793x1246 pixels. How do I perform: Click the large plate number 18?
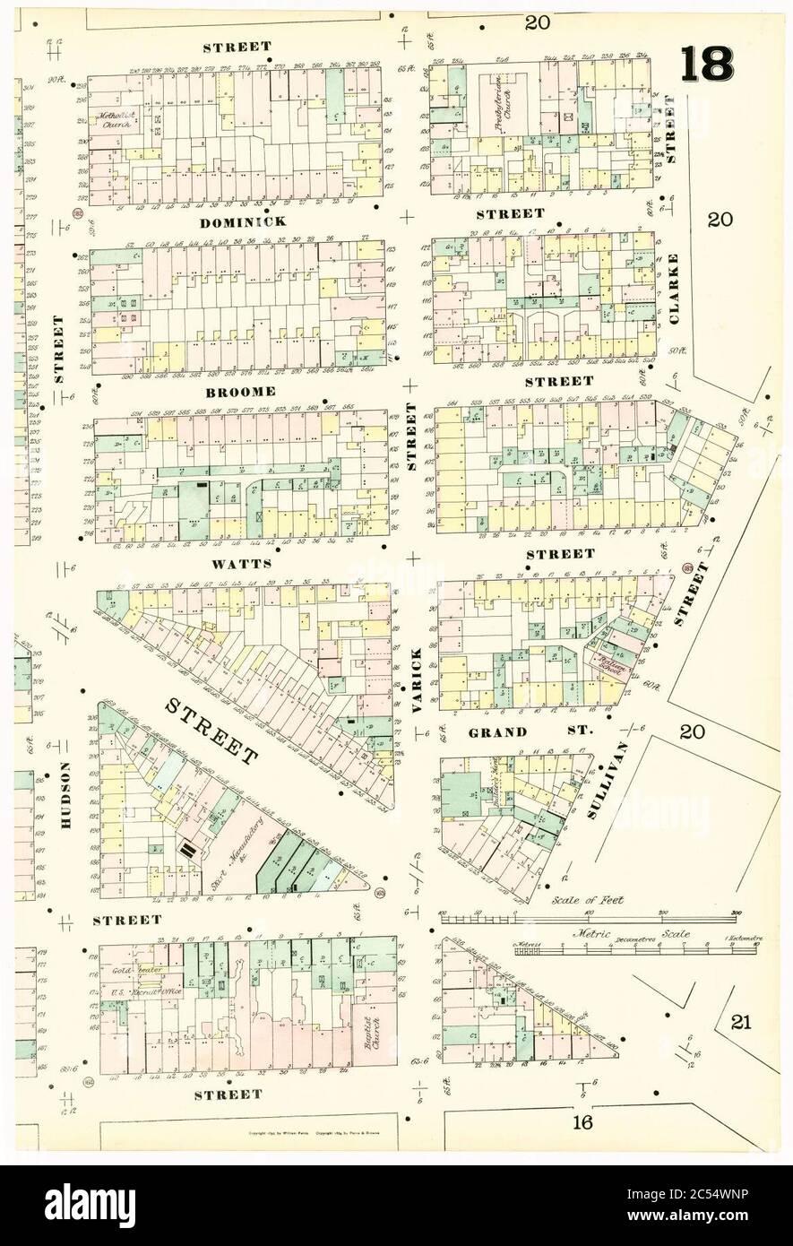coord(708,63)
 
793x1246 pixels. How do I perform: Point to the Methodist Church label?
coord(115,120)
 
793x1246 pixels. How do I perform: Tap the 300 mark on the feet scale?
coord(733,912)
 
